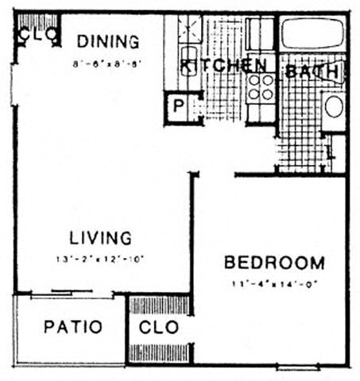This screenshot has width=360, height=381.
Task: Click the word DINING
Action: (108, 41)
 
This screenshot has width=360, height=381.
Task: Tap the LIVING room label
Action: (99, 237)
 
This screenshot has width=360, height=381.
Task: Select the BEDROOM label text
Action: (273, 263)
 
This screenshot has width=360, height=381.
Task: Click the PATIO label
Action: (72, 327)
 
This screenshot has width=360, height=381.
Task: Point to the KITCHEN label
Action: (223, 66)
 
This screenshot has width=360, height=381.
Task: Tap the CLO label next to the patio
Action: (159, 327)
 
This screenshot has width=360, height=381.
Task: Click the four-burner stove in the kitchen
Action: (260, 87)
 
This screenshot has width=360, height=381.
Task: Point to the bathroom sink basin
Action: (334, 106)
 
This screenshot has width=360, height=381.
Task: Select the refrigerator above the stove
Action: (260, 36)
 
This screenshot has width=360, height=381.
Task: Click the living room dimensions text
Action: (99, 258)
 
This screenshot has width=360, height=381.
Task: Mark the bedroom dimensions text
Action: (273, 283)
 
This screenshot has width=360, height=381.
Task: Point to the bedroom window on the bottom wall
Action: (298, 367)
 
